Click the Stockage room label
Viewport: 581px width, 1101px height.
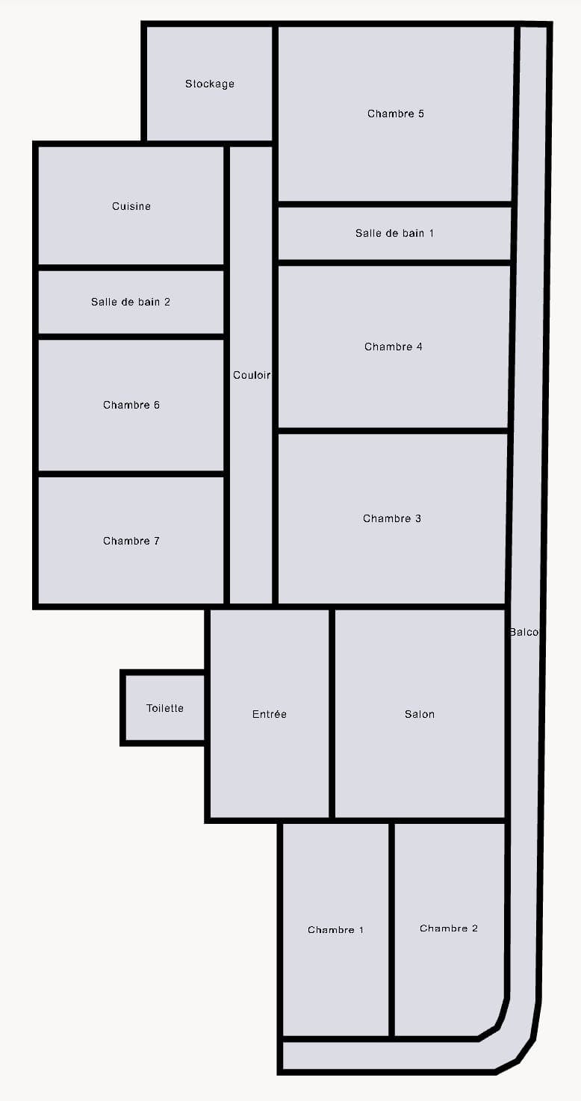pos(209,84)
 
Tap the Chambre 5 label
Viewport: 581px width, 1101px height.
pos(396,114)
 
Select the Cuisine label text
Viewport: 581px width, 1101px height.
pos(131,206)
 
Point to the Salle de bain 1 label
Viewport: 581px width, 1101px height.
pos(395,233)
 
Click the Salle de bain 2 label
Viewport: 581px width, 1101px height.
pos(131,302)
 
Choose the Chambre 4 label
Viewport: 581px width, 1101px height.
pos(394,347)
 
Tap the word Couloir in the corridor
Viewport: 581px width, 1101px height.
pos(252,375)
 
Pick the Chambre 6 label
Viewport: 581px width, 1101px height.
pos(131,405)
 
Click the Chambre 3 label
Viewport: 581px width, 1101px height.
pos(392,518)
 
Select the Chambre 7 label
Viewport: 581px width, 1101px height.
pos(131,541)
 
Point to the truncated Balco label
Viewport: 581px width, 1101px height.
pos(524,632)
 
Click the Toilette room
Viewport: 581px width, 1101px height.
pos(164,708)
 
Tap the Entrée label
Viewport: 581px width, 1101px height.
pos(270,713)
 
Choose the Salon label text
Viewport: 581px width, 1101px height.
pos(419,713)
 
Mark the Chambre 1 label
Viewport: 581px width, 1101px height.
pos(336,929)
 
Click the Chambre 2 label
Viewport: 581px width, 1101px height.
pos(449,928)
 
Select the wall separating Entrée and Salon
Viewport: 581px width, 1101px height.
pos(332,713)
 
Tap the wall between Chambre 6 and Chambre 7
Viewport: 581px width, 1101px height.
pos(131,474)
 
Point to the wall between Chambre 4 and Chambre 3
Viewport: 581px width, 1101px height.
pos(394,430)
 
